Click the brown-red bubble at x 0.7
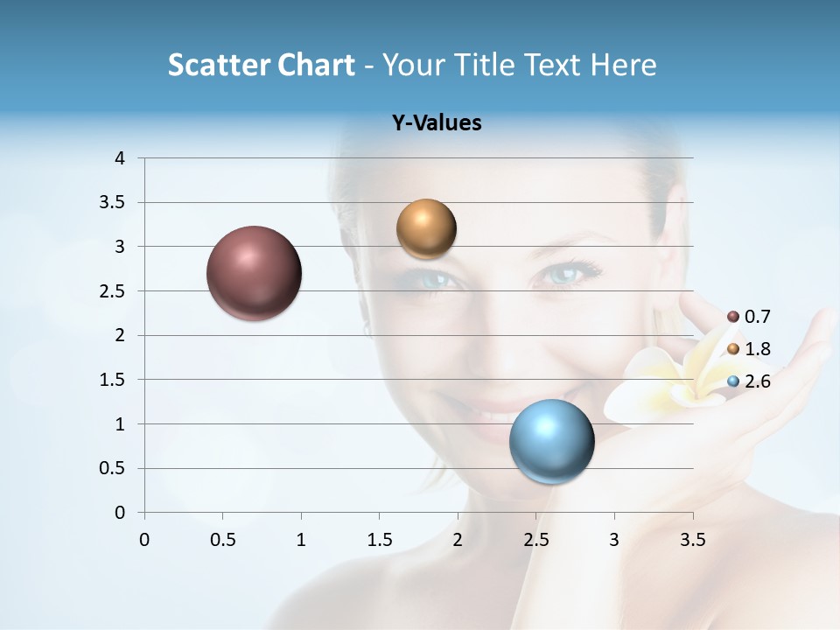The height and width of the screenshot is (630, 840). coord(254,273)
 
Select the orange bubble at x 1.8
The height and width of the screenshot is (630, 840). coord(426,229)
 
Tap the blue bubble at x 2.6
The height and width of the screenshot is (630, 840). coord(551,441)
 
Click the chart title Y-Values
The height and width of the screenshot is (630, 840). coord(437,123)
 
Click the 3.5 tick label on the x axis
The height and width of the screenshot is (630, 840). coord(693,539)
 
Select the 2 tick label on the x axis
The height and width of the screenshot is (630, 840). coord(458,539)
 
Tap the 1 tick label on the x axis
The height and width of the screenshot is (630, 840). coord(301,539)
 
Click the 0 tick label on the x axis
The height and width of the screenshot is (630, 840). coord(144,539)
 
